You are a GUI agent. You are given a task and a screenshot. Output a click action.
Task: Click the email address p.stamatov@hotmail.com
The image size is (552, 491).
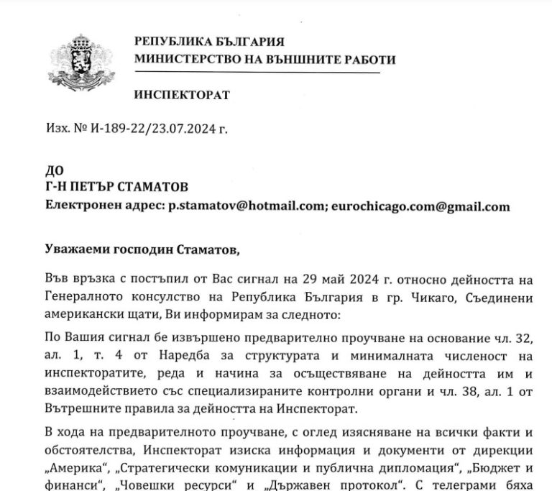coord(246,206)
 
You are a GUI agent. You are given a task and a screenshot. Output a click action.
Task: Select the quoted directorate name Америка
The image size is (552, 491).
coord(73,451)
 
